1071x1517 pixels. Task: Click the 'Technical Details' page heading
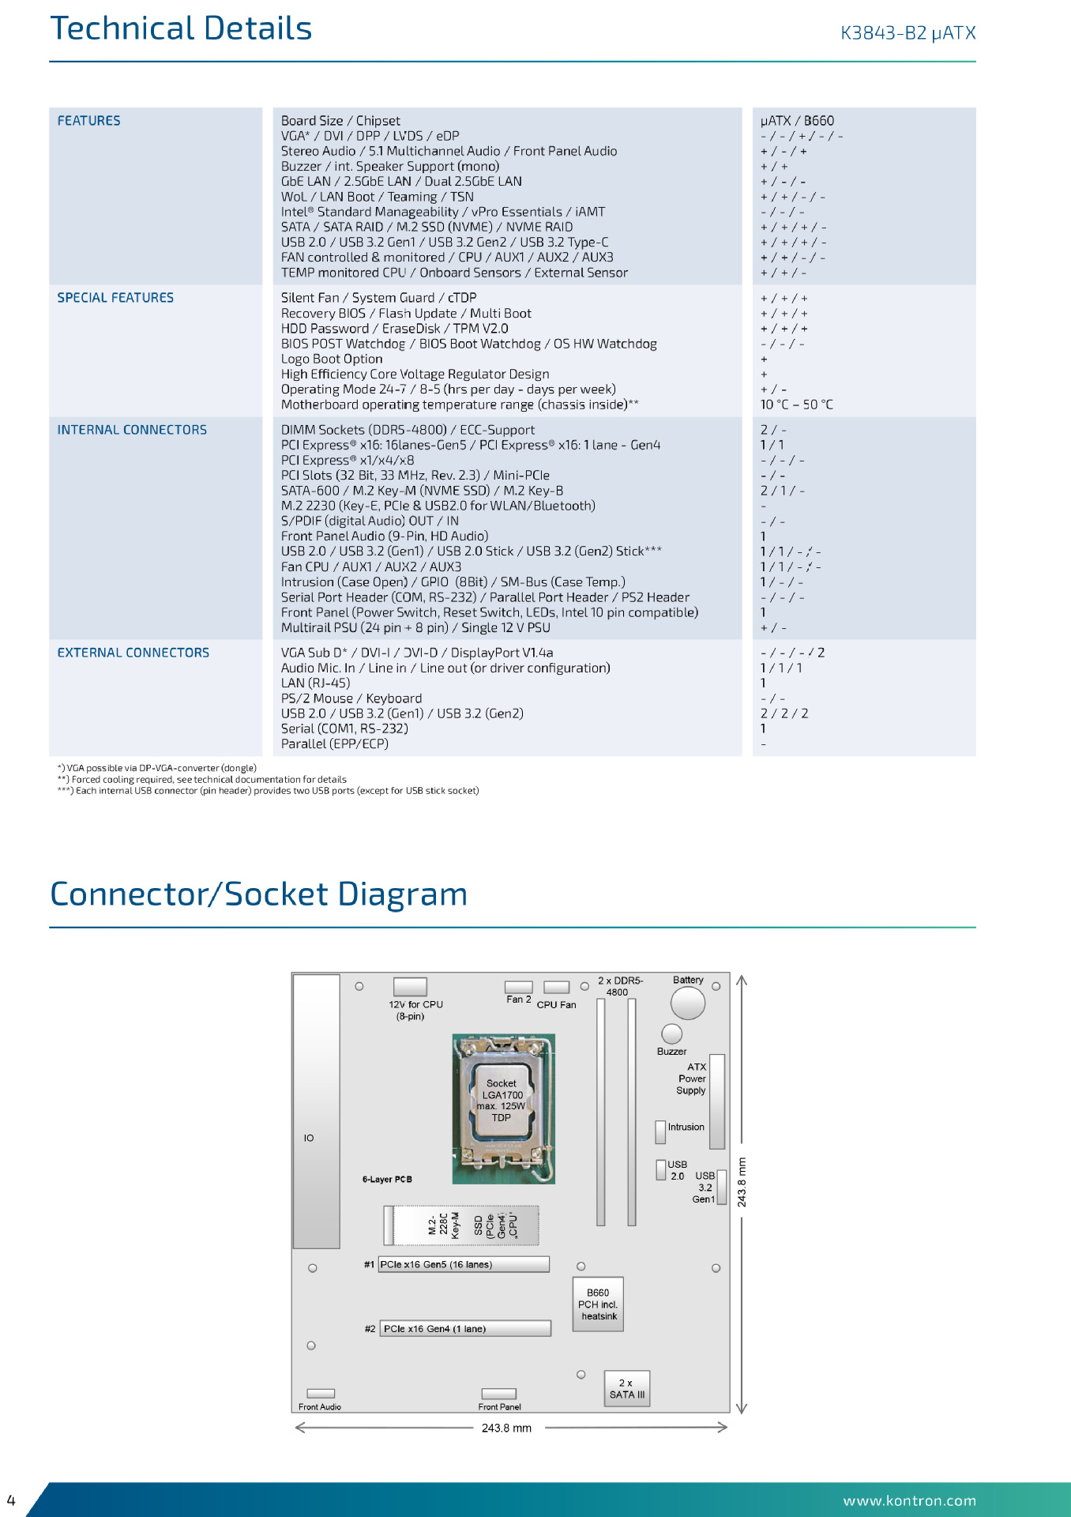tap(181, 28)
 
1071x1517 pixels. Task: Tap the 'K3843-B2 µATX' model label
tap(908, 33)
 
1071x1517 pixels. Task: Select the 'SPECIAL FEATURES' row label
tap(115, 298)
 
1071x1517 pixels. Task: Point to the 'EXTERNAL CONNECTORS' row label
tap(133, 653)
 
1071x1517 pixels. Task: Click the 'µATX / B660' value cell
tap(797, 121)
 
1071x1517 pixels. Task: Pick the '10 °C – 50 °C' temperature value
tap(796, 405)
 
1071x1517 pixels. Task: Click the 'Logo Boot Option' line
tap(332, 359)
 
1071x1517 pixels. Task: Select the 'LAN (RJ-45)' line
tap(315, 683)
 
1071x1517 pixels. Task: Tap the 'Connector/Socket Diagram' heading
tap(259, 894)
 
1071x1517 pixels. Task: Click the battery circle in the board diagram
tap(688, 1003)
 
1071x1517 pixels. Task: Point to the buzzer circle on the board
tap(671, 1033)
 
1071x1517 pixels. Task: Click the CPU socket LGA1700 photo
tap(503, 1109)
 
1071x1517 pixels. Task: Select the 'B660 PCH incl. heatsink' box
tap(598, 1304)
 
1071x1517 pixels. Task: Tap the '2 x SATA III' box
tap(627, 1389)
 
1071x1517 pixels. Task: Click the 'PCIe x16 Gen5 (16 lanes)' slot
tap(464, 1264)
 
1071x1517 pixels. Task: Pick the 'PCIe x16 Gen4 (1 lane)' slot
tap(465, 1328)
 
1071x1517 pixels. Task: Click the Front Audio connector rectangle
tap(321, 1393)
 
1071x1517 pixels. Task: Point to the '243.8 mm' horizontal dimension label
tap(506, 1428)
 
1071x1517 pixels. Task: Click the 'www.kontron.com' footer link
tap(910, 1500)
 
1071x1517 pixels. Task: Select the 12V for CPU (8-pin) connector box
tap(410, 987)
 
